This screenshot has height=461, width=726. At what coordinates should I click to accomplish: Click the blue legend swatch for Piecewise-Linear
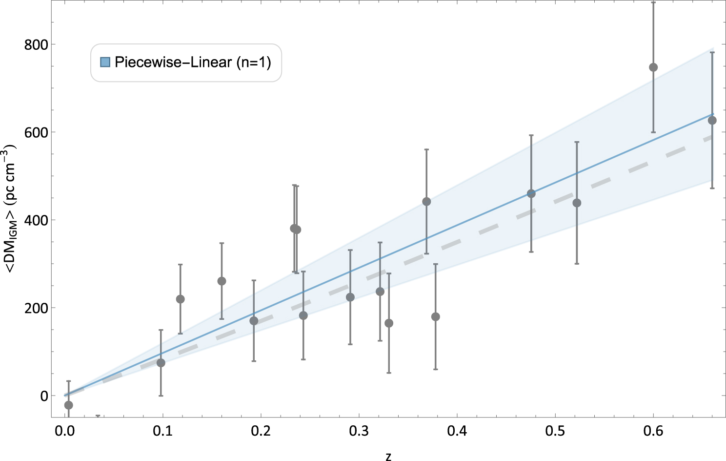pyautogui.click(x=105, y=62)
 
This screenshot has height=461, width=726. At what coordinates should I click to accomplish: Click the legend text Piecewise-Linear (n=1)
pyautogui.click(x=193, y=62)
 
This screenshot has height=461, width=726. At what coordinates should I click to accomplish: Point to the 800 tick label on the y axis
pyautogui.click(x=36, y=44)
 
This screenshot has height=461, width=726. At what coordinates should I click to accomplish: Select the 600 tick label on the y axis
pyautogui.click(x=36, y=132)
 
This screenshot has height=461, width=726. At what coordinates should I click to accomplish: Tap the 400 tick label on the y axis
pyautogui.click(x=36, y=220)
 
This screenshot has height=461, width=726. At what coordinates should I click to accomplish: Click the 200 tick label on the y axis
pyautogui.click(x=36, y=308)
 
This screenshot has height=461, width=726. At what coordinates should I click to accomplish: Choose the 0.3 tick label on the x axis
pyautogui.click(x=359, y=431)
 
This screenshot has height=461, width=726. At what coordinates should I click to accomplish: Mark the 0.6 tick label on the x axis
pyautogui.click(x=653, y=431)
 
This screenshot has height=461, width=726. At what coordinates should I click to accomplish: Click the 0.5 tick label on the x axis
pyautogui.click(x=555, y=431)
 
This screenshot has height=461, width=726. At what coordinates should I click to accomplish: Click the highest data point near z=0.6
pyautogui.click(x=653, y=67)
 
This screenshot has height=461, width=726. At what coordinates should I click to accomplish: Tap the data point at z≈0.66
pyautogui.click(x=712, y=120)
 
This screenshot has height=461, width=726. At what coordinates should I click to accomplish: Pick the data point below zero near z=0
pyautogui.click(x=68, y=405)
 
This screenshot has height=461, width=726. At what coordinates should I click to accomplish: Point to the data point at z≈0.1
pyautogui.click(x=161, y=363)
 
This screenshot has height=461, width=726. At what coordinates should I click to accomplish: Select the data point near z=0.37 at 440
pyautogui.click(x=426, y=202)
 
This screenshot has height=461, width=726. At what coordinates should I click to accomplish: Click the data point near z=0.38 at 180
pyautogui.click(x=436, y=317)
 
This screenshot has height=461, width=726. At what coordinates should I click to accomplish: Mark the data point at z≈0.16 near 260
pyautogui.click(x=222, y=281)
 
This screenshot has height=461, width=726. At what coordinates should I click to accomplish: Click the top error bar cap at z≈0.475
pyautogui.click(x=531, y=135)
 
